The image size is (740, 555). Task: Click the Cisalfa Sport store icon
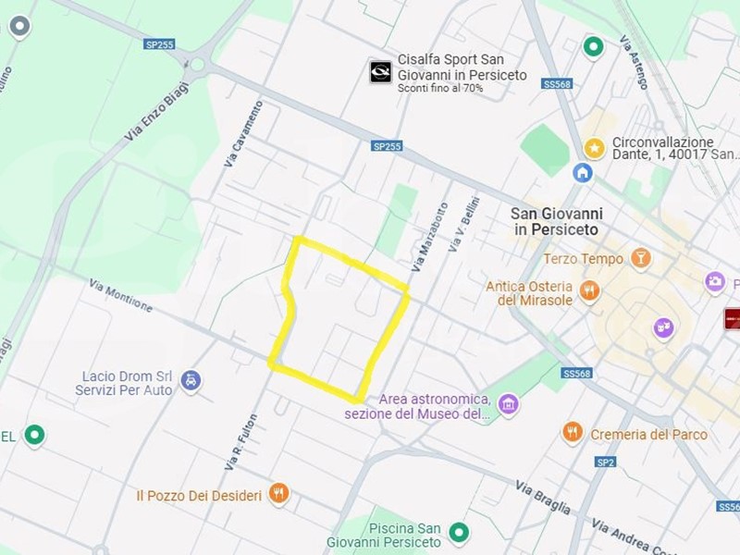click(x=380, y=72)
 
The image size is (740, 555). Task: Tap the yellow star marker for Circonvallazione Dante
click(x=595, y=147)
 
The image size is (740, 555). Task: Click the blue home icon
click(x=583, y=172)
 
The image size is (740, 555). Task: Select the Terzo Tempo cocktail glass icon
click(x=640, y=258)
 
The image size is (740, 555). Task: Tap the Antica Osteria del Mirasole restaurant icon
click(x=590, y=293)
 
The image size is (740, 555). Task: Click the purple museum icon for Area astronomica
click(x=508, y=404)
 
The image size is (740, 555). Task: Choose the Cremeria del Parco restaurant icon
click(x=573, y=433)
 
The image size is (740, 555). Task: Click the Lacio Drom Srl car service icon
click(x=191, y=380)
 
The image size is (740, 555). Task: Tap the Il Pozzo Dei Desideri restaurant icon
click(x=279, y=494)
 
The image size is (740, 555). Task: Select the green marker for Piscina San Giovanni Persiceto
click(x=458, y=532)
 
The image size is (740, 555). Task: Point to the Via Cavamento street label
click(x=243, y=134)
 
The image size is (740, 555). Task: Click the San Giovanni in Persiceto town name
click(x=556, y=220)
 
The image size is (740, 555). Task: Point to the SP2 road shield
click(x=606, y=462)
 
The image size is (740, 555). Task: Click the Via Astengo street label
click(x=635, y=62)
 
